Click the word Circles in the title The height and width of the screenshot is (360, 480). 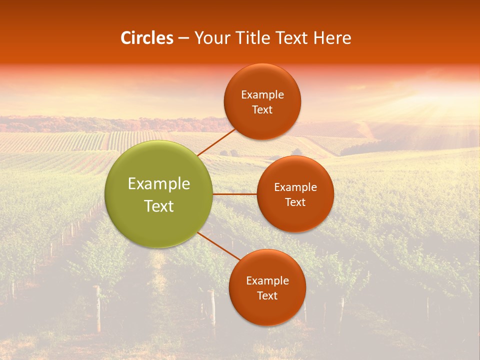click(x=146, y=38)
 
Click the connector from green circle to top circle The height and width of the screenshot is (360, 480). click(x=216, y=142)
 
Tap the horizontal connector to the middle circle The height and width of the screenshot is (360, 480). click(x=234, y=194)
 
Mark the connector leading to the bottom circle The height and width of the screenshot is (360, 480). click(x=218, y=246)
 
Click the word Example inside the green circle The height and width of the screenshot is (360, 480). click(x=159, y=184)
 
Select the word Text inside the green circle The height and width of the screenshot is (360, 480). click(x=159, y=206)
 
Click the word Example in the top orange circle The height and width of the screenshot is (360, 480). click(x=262, y=95)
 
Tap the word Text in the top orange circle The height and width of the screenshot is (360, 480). click(x=262, y=110)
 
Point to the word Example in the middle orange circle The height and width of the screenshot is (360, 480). click(x=295, y=187)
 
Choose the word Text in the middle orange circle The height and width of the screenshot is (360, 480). click(x=295, y=202)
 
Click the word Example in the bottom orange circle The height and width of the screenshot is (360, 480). click(x=267, y=281)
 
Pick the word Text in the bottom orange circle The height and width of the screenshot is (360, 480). click(x=267, y=296)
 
